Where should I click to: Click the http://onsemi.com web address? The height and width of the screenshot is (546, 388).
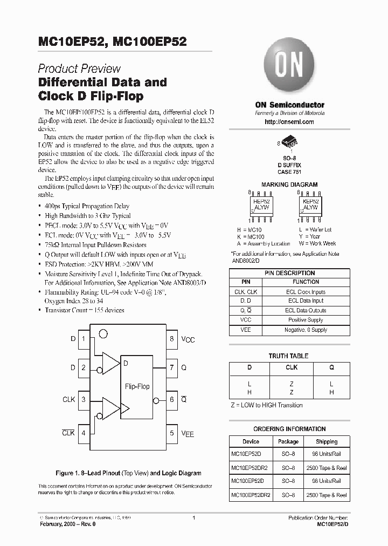point(289,122)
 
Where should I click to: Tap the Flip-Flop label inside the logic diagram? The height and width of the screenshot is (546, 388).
point(137,386)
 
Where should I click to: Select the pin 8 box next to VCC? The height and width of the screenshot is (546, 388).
point(172,339)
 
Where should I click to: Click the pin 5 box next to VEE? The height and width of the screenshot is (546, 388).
point(172,433)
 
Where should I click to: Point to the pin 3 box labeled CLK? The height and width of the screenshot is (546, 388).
point(84,400)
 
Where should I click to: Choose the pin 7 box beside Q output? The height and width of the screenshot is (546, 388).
point(172,367)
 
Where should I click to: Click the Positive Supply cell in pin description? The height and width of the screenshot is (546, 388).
point(305,320)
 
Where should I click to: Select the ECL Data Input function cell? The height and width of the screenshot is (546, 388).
point(305,301)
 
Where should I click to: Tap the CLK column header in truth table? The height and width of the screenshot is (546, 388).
point(291,367)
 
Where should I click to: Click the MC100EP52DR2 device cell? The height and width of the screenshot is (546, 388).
point(251,495)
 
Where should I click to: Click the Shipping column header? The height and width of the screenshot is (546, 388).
point(327,441)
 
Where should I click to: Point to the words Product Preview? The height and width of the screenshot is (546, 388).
point(79,69)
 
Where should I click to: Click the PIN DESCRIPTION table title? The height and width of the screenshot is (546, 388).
point(289,273)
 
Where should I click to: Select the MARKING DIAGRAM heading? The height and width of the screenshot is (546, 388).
point(289,185)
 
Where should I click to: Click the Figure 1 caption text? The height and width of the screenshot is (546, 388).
point(128,473)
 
